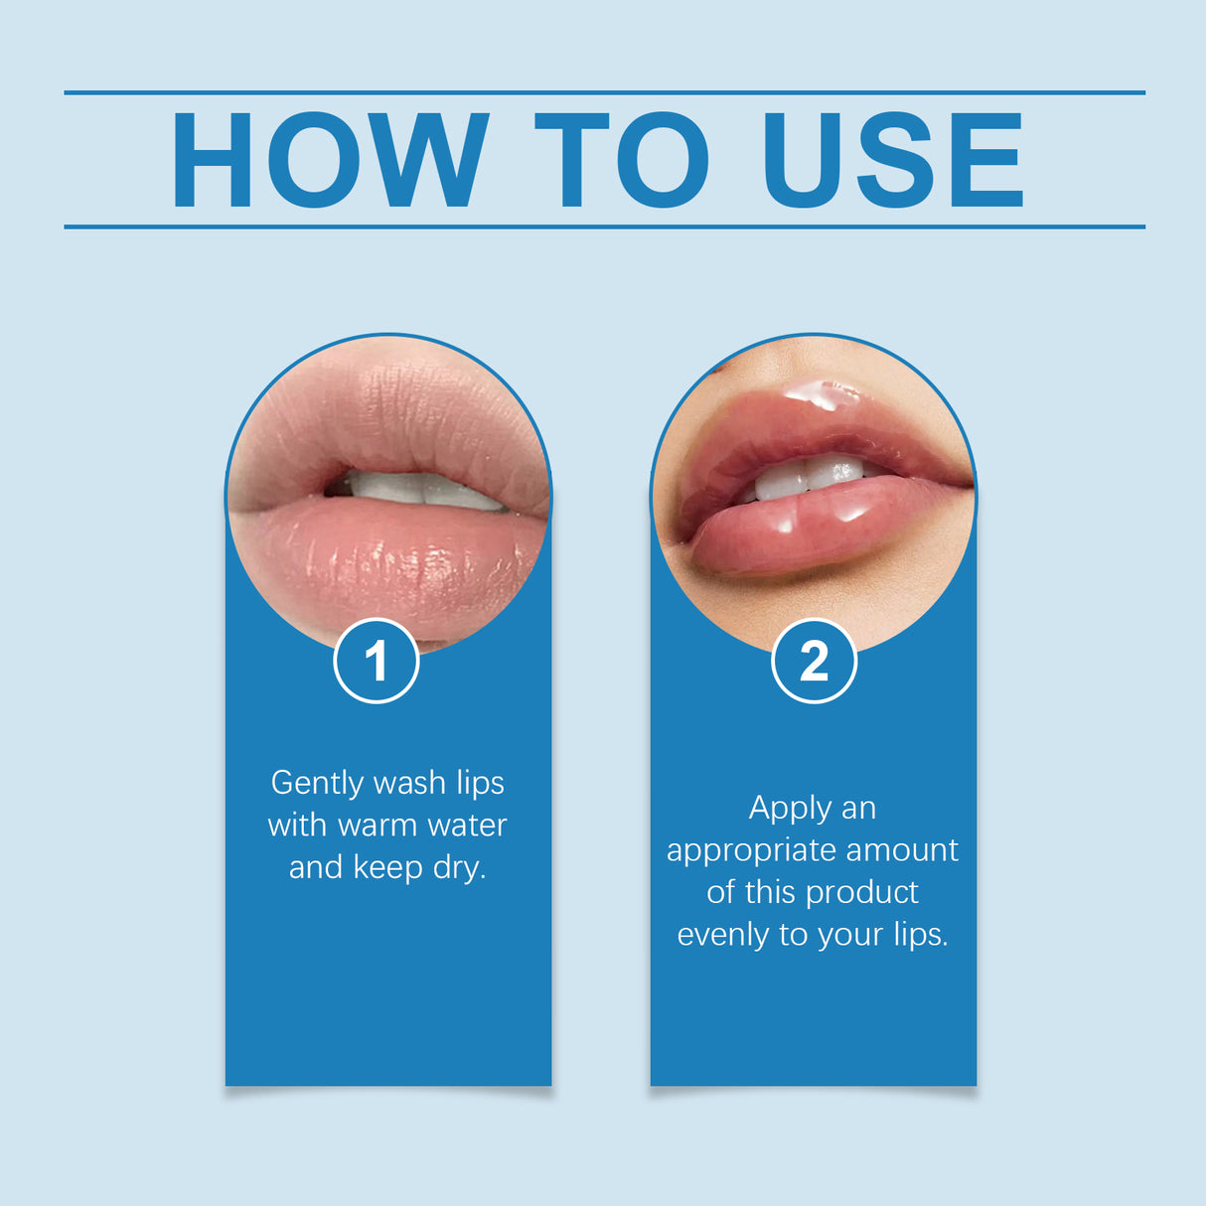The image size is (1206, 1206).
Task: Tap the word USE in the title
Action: (892, 160)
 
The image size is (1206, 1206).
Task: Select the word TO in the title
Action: (622, 160)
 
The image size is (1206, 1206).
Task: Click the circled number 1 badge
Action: (377, 661)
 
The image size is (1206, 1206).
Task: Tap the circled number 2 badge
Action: (814, 661)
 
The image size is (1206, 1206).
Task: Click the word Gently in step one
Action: (317, 783)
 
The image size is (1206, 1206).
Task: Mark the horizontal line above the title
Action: (604, 92)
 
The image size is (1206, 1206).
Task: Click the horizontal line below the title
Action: (604, 226)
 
